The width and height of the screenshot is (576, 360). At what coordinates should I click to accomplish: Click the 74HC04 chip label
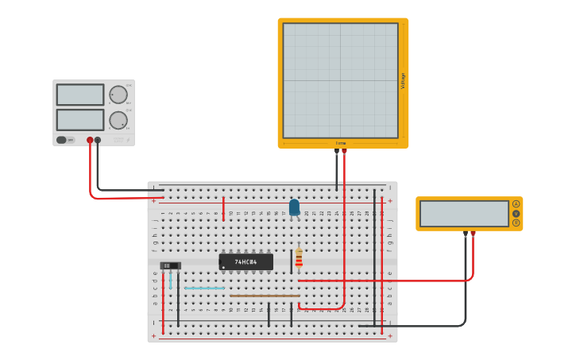[x=246, y=261]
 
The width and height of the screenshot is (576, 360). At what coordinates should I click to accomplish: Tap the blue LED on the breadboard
[x=295, y=207]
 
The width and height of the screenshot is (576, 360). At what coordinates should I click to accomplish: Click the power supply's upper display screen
[x=80, y=95]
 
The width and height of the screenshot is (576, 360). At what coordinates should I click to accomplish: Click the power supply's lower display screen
[x=80, y=119]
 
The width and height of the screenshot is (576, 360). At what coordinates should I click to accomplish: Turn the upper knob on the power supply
[x=118, y=95]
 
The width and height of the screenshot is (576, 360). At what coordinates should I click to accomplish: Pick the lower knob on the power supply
[x=118, y=120]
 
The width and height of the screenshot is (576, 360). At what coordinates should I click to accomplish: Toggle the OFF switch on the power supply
[x=66, y=140]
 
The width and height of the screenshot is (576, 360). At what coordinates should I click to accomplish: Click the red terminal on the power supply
[x=90, y=141]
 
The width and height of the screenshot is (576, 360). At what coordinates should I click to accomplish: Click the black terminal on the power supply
[x=98, y=141]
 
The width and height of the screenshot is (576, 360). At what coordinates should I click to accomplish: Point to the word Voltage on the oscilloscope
[x=403, y=81]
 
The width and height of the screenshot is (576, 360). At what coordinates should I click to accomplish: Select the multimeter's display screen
[x=464, y=213]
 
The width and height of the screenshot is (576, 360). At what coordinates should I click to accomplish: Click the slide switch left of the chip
[x=170, y=265]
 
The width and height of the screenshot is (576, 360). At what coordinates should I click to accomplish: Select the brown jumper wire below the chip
[x=265, y=296]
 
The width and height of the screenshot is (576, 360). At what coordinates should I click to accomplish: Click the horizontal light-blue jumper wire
[x=204, y=288]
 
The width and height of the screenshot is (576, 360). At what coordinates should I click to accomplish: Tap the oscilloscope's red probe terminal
[x=344, y=150]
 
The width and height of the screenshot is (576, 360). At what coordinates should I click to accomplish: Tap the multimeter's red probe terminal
[x=473, y=234]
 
